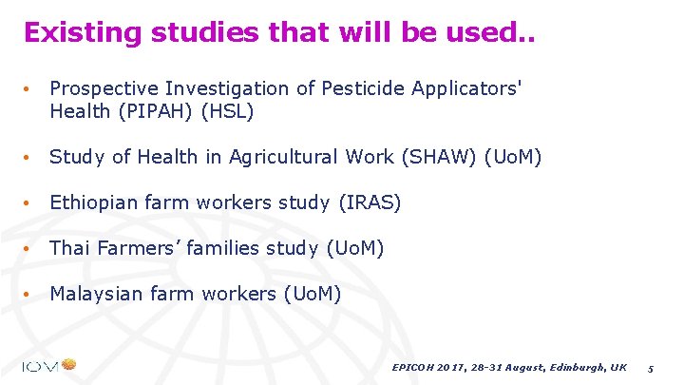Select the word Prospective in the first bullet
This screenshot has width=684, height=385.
point(104,88)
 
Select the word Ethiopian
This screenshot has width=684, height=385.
point(94,202)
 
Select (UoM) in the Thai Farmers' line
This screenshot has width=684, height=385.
point(354,248)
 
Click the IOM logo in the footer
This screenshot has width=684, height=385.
point(49,365)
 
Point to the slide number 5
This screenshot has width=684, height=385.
point(651,367)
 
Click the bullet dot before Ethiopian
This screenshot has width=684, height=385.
point(30,203)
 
